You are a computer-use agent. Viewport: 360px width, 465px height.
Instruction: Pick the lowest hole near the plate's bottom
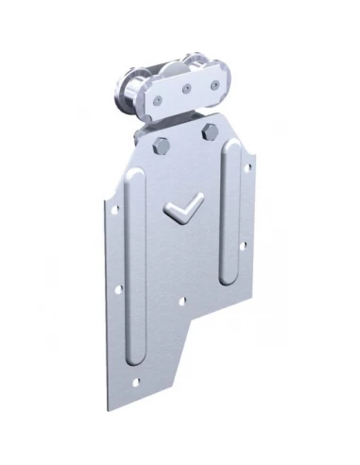pos(137,386)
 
